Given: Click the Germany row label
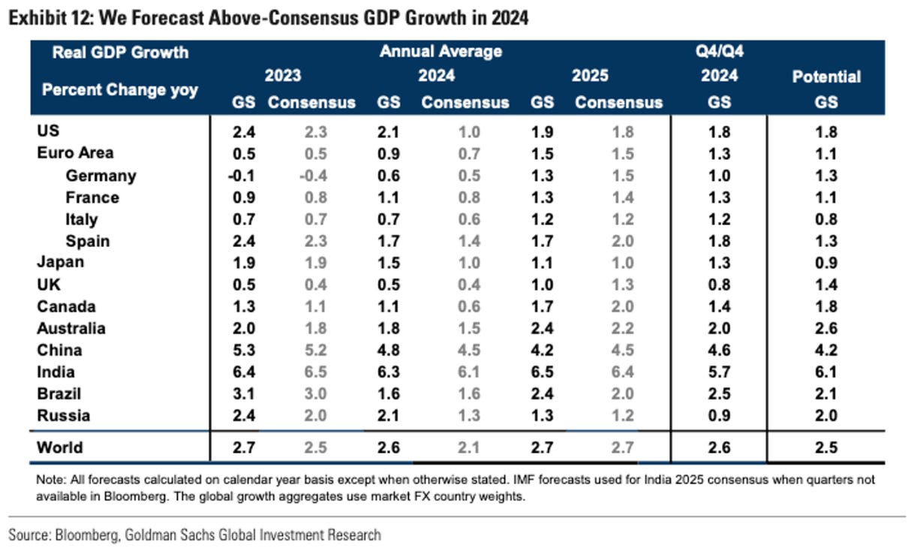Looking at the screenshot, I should click(101, 176).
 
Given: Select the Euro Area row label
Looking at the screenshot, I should click(75, 153).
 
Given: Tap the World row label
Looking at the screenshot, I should click(59, 448).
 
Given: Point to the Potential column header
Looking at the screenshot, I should click(826, 77).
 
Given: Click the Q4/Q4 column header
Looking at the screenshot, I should click(719, 52).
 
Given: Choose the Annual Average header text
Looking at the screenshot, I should click(440, 52).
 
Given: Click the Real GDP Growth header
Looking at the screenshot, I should click(120, 53).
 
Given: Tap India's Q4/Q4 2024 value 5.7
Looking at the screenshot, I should click(719, 372).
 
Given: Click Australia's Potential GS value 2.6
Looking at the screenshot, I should click(825, 329).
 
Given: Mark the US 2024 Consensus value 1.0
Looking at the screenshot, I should click(465, 132).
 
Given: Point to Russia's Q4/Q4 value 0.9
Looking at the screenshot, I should click(719, 416).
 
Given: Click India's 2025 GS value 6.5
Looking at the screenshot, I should click(542, 372).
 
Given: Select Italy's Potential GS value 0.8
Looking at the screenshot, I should click(825, 219).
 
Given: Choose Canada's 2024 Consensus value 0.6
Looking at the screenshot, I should click(465, 307).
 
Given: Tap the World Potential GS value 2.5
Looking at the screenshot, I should click(825, 448).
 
